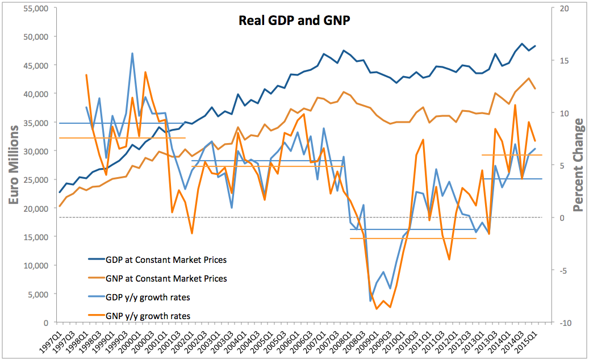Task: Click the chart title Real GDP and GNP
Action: (x=294, y=22)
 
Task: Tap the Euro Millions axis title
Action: (x=15, y=165)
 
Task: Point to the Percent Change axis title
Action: (x=578, y=165)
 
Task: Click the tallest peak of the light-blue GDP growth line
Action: (x=132, y=53)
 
